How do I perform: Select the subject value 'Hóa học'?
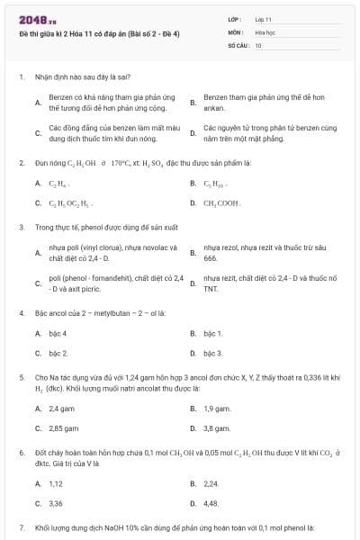point(265,31)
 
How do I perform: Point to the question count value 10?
point(258,44)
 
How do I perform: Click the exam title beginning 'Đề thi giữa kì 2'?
point(99,33)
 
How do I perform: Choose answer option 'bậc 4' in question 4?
point(58,333)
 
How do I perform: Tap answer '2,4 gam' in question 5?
point(62,408)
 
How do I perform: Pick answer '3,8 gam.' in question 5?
point(217,428)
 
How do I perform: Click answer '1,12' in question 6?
point(56,483)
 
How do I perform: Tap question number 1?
point(21,77)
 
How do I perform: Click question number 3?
point(21,227)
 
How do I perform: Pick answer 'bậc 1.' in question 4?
point(213,333)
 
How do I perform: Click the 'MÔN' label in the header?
point(236,31)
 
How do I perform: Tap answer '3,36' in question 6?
point(56,503)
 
